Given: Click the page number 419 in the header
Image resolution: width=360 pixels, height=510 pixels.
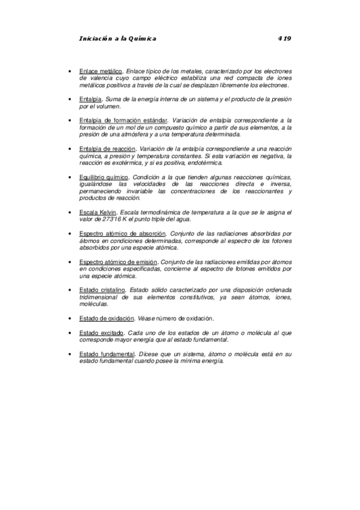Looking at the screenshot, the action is click(x=284, y=38).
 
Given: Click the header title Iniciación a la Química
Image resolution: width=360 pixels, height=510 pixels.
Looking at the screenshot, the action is click(x=117, y=38).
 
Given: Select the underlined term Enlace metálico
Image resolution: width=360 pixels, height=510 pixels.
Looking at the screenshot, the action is click(x=100, y=71).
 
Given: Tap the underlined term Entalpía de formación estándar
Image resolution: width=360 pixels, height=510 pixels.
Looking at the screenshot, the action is click(x=123, y=121).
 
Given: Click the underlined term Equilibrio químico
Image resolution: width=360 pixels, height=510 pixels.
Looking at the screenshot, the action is click(x=103, y=177).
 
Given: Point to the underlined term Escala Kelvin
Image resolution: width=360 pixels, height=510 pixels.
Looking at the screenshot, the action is click(x=98, y=213).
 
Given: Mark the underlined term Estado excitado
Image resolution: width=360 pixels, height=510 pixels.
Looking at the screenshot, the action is click(x=102, y=333).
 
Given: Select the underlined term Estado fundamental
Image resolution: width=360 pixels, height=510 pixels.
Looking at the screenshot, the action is click(x=106, y=354).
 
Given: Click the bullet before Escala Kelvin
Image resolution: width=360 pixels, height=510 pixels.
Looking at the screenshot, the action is click(x=72, y=213).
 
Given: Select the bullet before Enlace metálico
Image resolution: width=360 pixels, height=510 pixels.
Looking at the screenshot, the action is click(x=72, y=71).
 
